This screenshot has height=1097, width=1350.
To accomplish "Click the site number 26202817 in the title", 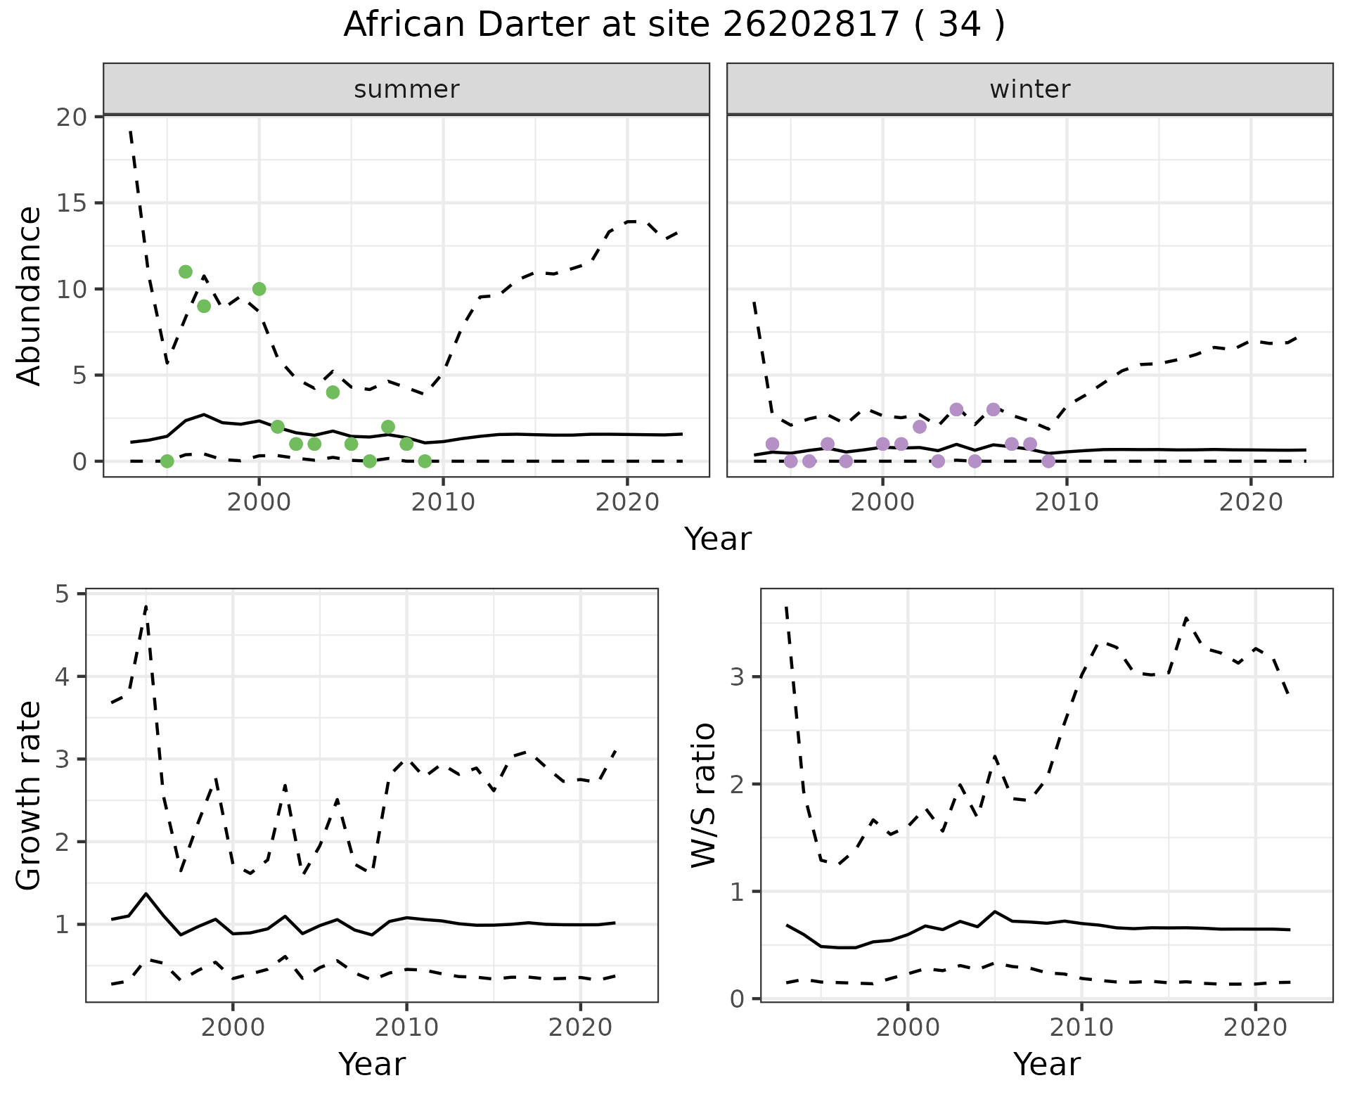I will point(811,25).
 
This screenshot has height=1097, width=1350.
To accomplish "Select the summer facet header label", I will point(406,89).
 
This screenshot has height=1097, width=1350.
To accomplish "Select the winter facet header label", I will point(1029,89).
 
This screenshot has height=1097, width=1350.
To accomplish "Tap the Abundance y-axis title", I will point(30,295).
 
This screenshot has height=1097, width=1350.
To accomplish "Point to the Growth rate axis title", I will point(30,796).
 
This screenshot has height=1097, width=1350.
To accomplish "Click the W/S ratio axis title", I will point(704,795).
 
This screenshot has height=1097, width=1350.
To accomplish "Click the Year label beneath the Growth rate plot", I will point(371,1064).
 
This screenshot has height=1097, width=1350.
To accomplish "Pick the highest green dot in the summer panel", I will point(186,272).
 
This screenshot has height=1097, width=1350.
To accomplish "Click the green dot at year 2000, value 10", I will point(259,289).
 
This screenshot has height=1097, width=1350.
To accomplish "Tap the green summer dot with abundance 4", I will point(333,392).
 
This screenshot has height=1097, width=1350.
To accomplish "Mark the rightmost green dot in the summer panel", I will point(425,461).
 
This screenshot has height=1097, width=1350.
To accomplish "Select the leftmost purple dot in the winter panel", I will point(772,444).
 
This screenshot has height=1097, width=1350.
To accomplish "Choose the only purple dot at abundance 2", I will point(920,427).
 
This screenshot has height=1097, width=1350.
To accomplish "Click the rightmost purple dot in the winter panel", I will point(1048,461).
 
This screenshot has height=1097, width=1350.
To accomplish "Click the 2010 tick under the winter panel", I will point(1067,502).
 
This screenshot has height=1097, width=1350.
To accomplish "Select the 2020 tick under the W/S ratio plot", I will point(1255,1027).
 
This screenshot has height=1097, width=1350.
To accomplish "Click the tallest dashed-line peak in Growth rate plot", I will point(146,605).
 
